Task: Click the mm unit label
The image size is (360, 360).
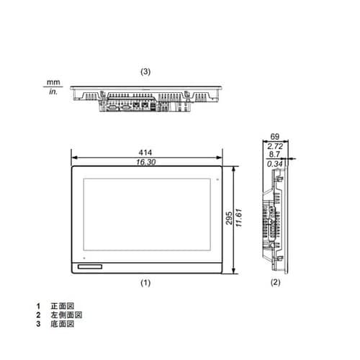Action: click(x=51, y=84)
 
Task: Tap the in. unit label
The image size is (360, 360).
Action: click(x=53, y=92)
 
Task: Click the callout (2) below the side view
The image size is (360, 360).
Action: click(x=274, y=284)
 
